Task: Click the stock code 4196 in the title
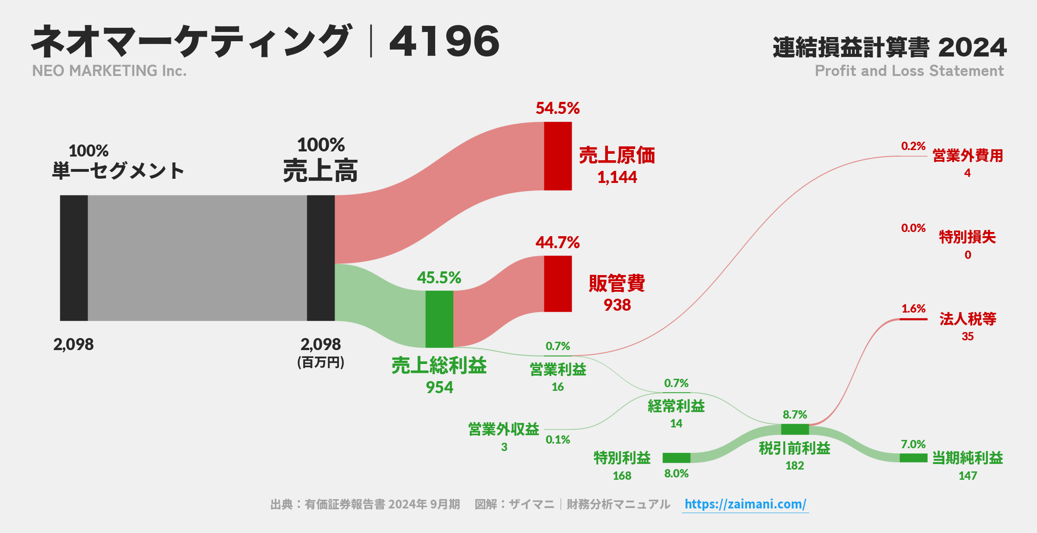(x=444, y=42)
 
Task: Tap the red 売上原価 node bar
(x=557, y=156)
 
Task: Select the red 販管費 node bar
(x=557, y=283)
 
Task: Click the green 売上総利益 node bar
(x=439, y=319)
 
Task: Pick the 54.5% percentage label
(x=557, y=108)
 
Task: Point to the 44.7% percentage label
(x=557, y=243)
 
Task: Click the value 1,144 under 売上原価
(x=617, y=177)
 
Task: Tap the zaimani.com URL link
(x=745, y=504)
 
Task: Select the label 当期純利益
(x=967, y=458)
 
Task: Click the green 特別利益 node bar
(x=676, y=458)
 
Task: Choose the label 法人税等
(x=968, y=319)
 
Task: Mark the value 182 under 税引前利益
(x=794, y=466)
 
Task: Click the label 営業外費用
(x=968, y=156)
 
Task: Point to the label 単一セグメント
(x=118, y=171)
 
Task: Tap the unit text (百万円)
(x=320, y=362)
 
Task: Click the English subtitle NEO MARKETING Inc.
(x=109, y=71)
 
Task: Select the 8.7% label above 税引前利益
(x=794, y=414)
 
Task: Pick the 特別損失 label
(x=967, y=237)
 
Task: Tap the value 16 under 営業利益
(x=557, y=387)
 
